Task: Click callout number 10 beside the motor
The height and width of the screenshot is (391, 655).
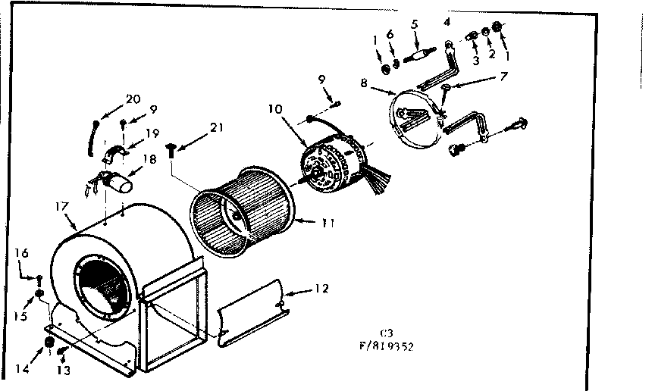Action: (x=274, y=109)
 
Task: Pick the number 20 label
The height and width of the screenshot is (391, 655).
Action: (x=133, y=99)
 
